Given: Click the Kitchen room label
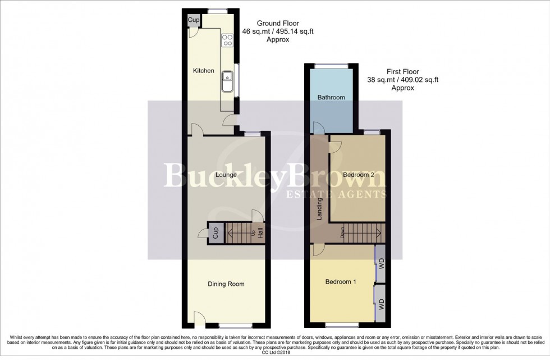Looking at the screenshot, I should pyautogui.click(x=204, y=71).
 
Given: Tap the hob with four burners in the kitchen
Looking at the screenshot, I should pyautogui.click(x=228, y=40).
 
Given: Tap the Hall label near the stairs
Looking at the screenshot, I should pyautogui.click(x=260, y=233).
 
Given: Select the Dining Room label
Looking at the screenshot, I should pyautogui.click(x=226, y=284).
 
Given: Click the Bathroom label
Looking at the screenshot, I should pyautogui.click(x=331, y=98).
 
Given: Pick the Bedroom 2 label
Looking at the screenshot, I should pyautogui.click(x=359, y=175).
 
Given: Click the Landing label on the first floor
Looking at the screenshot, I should pyautogui.click(x=320, y=209).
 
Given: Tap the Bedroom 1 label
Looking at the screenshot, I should pyautogui.click(x=341, y=282).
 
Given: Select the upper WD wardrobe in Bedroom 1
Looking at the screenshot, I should pyautogui.click(x=381, y=262).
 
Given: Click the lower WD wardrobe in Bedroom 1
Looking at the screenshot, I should pyautogui.click(x=381, y=303).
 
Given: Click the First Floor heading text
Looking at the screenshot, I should pyautogui.click(x=402, y=72).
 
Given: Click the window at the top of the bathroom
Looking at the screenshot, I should pyautogui.click(x=330, y=66).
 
